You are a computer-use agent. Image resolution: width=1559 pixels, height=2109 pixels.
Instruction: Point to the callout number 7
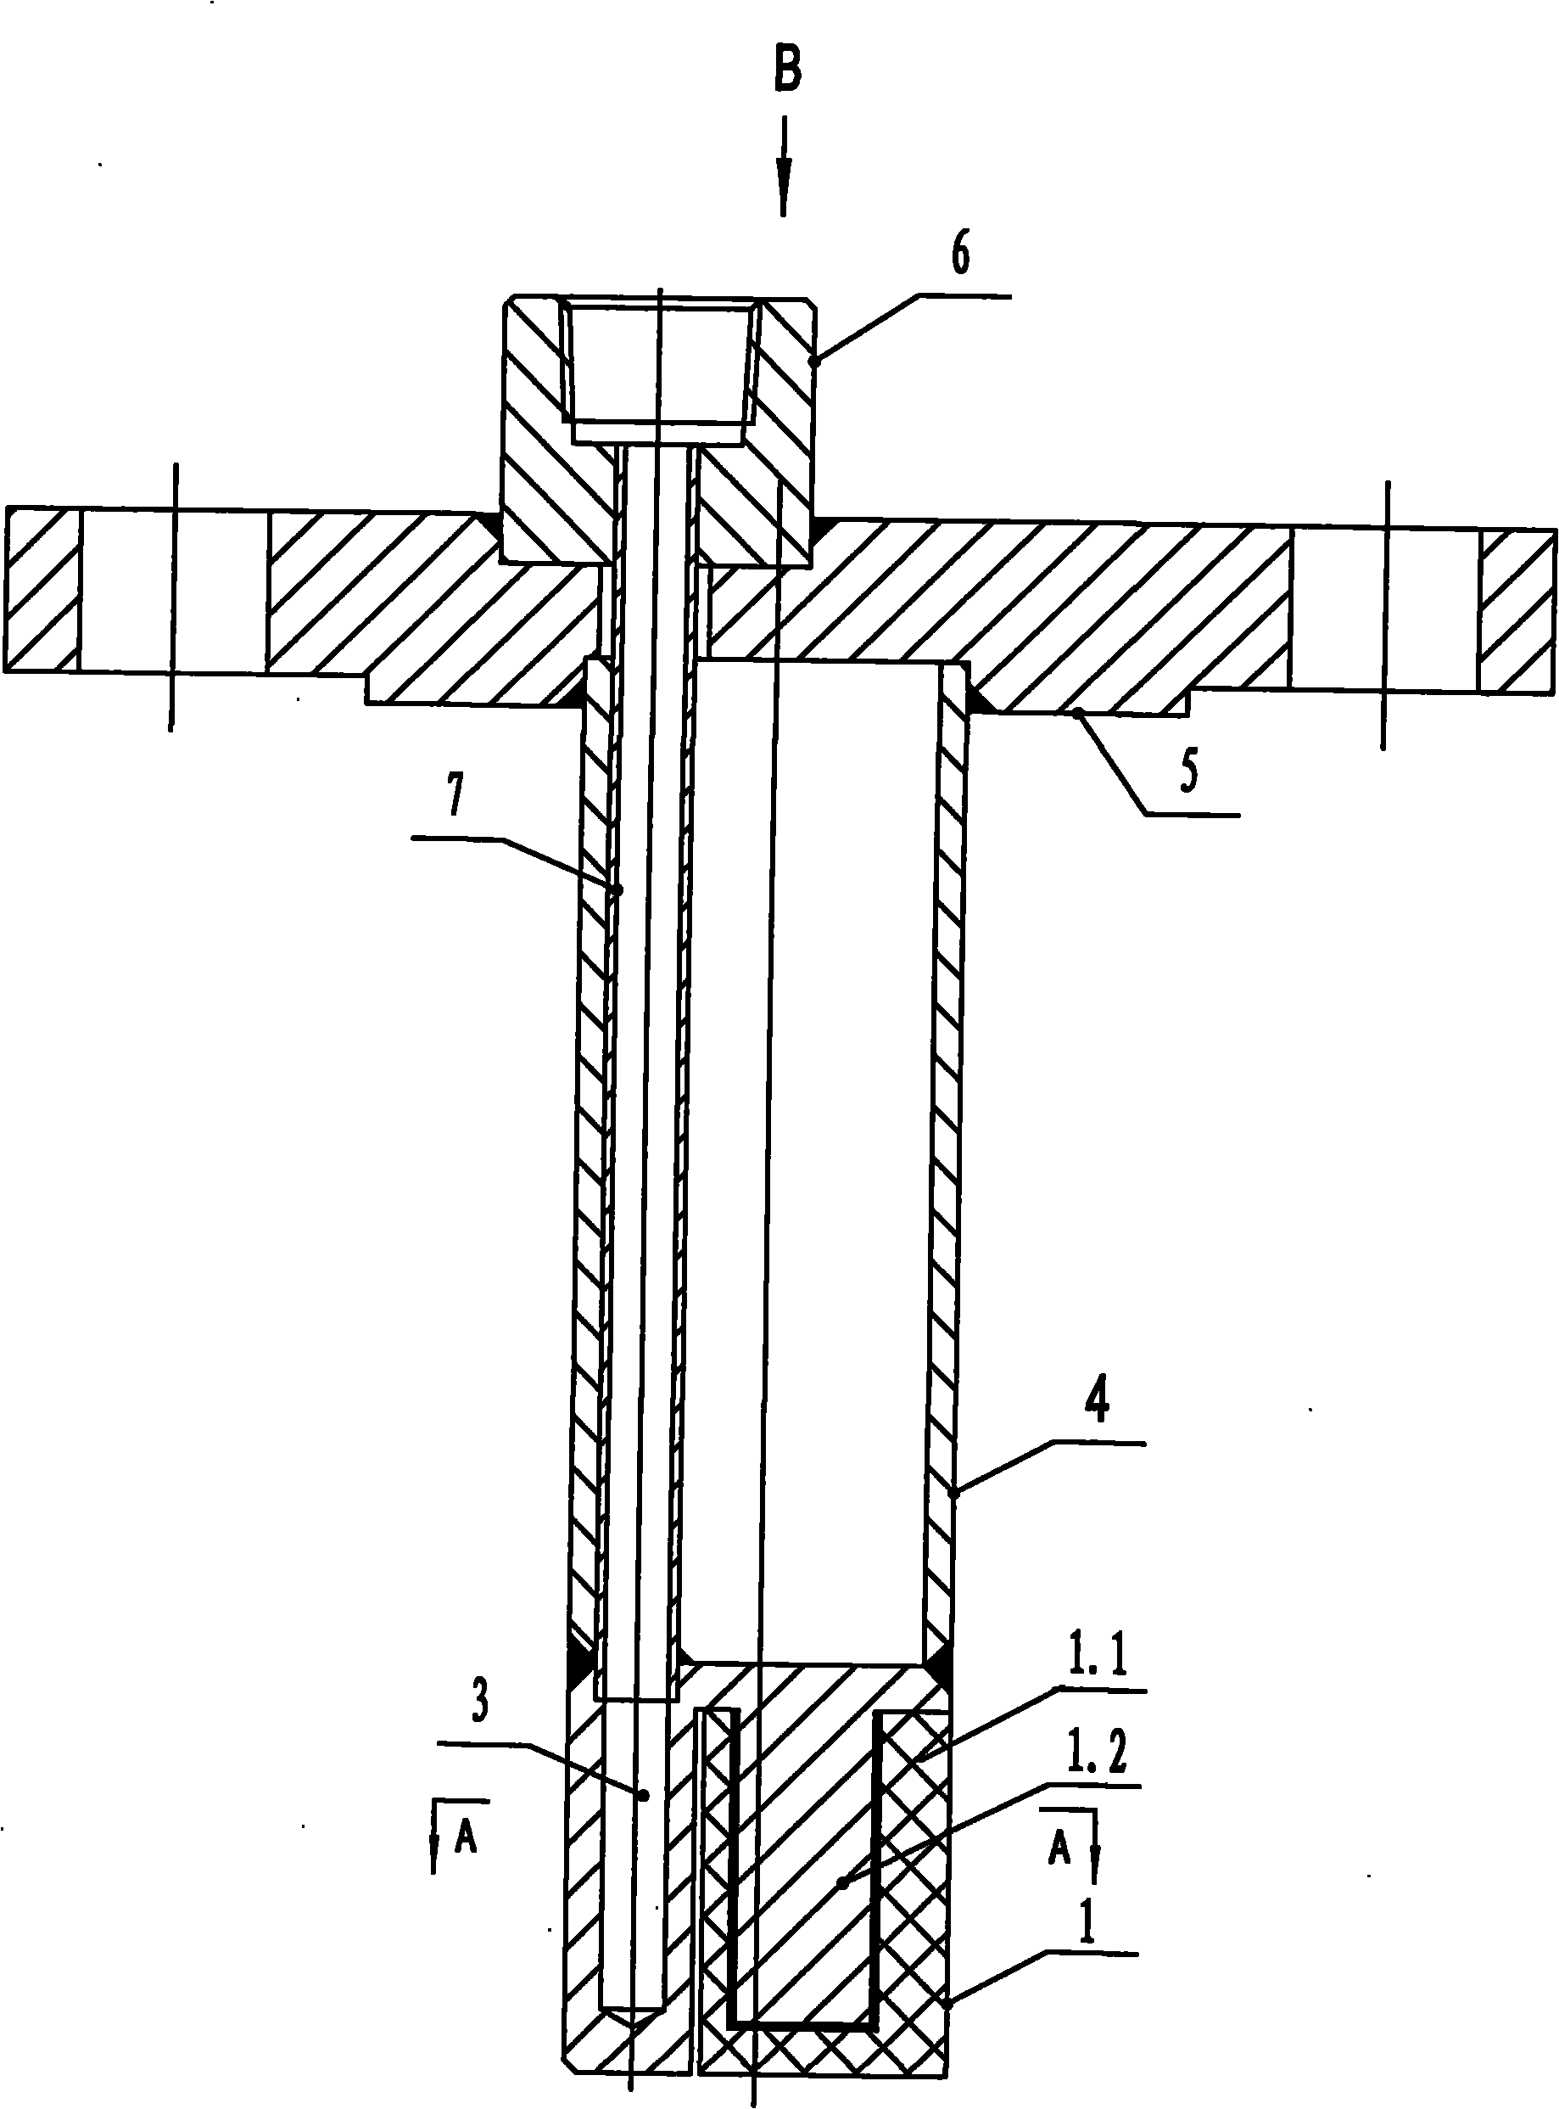click(x=455, y=798)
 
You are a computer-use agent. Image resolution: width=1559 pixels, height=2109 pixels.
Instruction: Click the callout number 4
click(x=1096, y=1401)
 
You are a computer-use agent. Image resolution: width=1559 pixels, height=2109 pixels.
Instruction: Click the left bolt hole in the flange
click(x=173, y=591)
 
